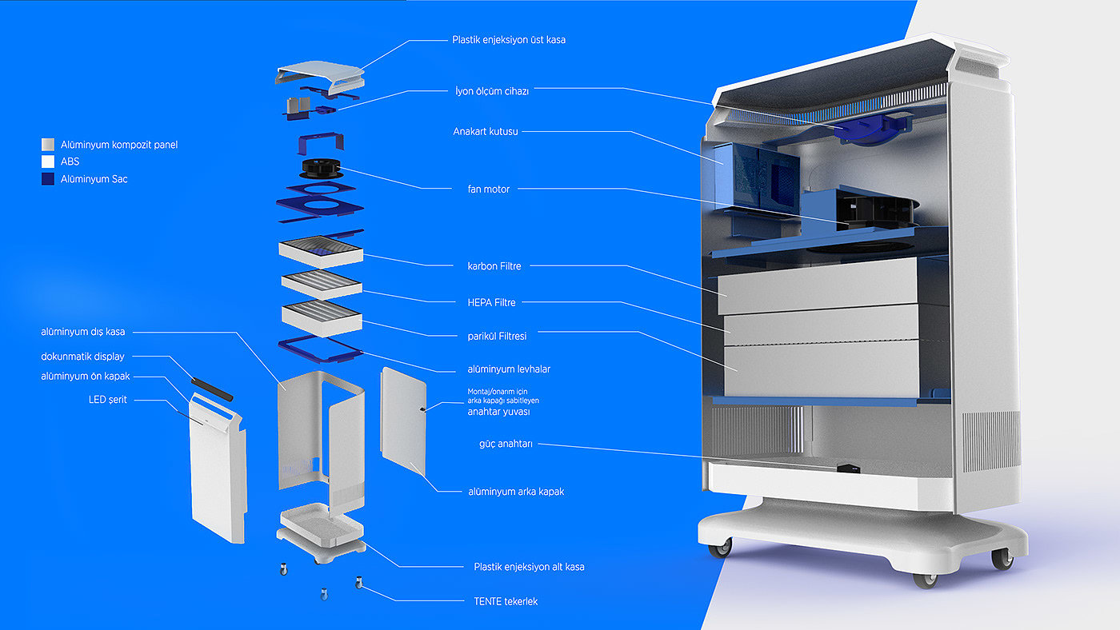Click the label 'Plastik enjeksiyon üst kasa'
click(509, 40)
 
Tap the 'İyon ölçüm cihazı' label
click(492, 91)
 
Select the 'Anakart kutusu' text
click(486, 131)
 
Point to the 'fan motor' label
click(489, 189)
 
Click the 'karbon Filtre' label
click(494, 266)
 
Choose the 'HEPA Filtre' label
click(491, 303)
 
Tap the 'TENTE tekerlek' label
click(506, 601)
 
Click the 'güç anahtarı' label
click(506, 444)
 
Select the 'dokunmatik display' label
click(82, 357)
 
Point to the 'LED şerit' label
click(107, 400)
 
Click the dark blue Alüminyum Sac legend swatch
click(48, 179)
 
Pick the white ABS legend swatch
click(48, 161)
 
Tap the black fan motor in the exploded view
click(321, 169)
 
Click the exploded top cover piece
click(320, 77)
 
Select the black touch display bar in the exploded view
click(212, 389)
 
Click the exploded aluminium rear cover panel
click(403, 421)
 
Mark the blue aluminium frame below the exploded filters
click(321, 349)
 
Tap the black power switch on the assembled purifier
click(848, 469)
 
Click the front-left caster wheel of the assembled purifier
click(720, 548)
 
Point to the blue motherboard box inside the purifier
click(757, 176)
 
